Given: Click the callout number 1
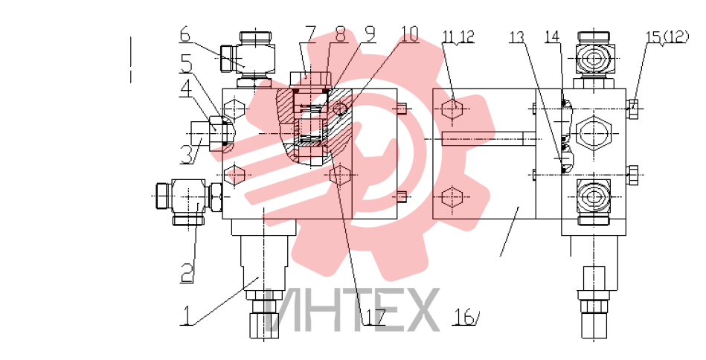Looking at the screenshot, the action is pyautogui.click(x=185, y=315).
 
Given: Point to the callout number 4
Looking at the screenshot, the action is pyautogui.click(x=185, y=89).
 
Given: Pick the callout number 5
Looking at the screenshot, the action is pyautogui.click(x=187, y=64).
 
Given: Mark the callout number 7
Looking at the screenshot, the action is pyautogui.click(x=309, y=34).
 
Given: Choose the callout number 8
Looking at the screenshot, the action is pyautogui.click(x=340, y=34).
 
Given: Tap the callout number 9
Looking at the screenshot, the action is pyautogui.click(x=369, y=34).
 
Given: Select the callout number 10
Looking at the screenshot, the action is pyautogui.click(x=409, y=34).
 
